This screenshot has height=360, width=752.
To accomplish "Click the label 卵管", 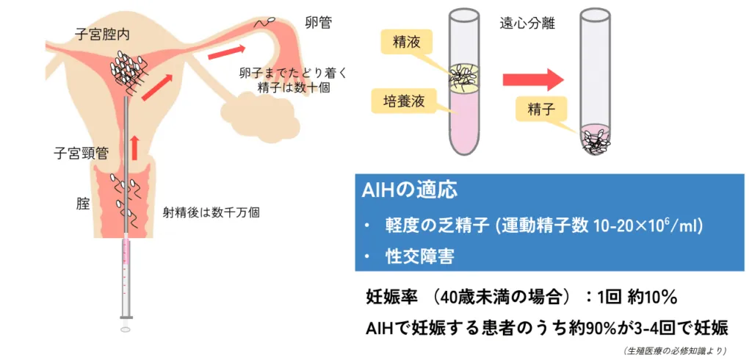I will point(319,23).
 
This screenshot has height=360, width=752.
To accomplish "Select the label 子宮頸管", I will point(81,154).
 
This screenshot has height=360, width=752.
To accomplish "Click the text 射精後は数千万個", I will point(211,212).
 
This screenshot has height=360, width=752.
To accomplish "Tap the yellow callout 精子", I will point(539,109).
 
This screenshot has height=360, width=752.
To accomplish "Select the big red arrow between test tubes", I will point(532,79).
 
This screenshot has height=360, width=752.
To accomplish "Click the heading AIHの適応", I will point(409,190).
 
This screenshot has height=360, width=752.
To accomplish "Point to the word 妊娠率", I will point(391,298).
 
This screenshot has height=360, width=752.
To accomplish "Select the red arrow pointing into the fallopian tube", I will point(226,52).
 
